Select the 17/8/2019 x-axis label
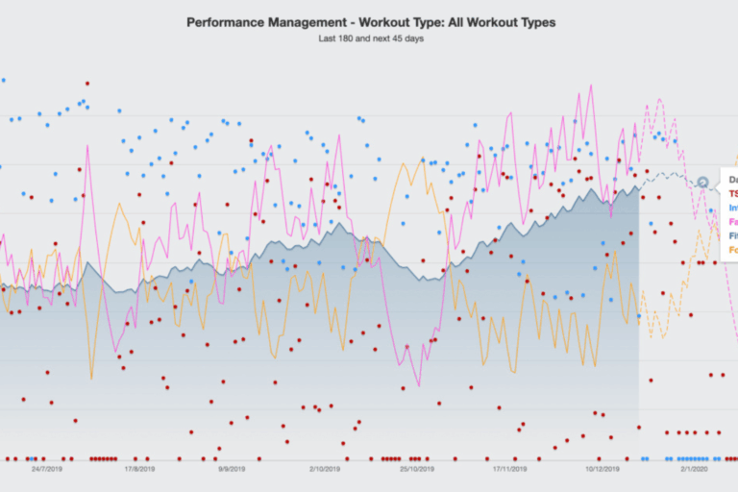(140, 470)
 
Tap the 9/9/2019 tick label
(234, 470)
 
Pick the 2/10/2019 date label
(325, 470)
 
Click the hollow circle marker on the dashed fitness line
(702, 182)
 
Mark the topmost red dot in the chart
(87, 84)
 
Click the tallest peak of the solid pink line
(579, 93)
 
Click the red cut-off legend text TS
(732, 193)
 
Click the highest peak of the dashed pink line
(659, 98)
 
